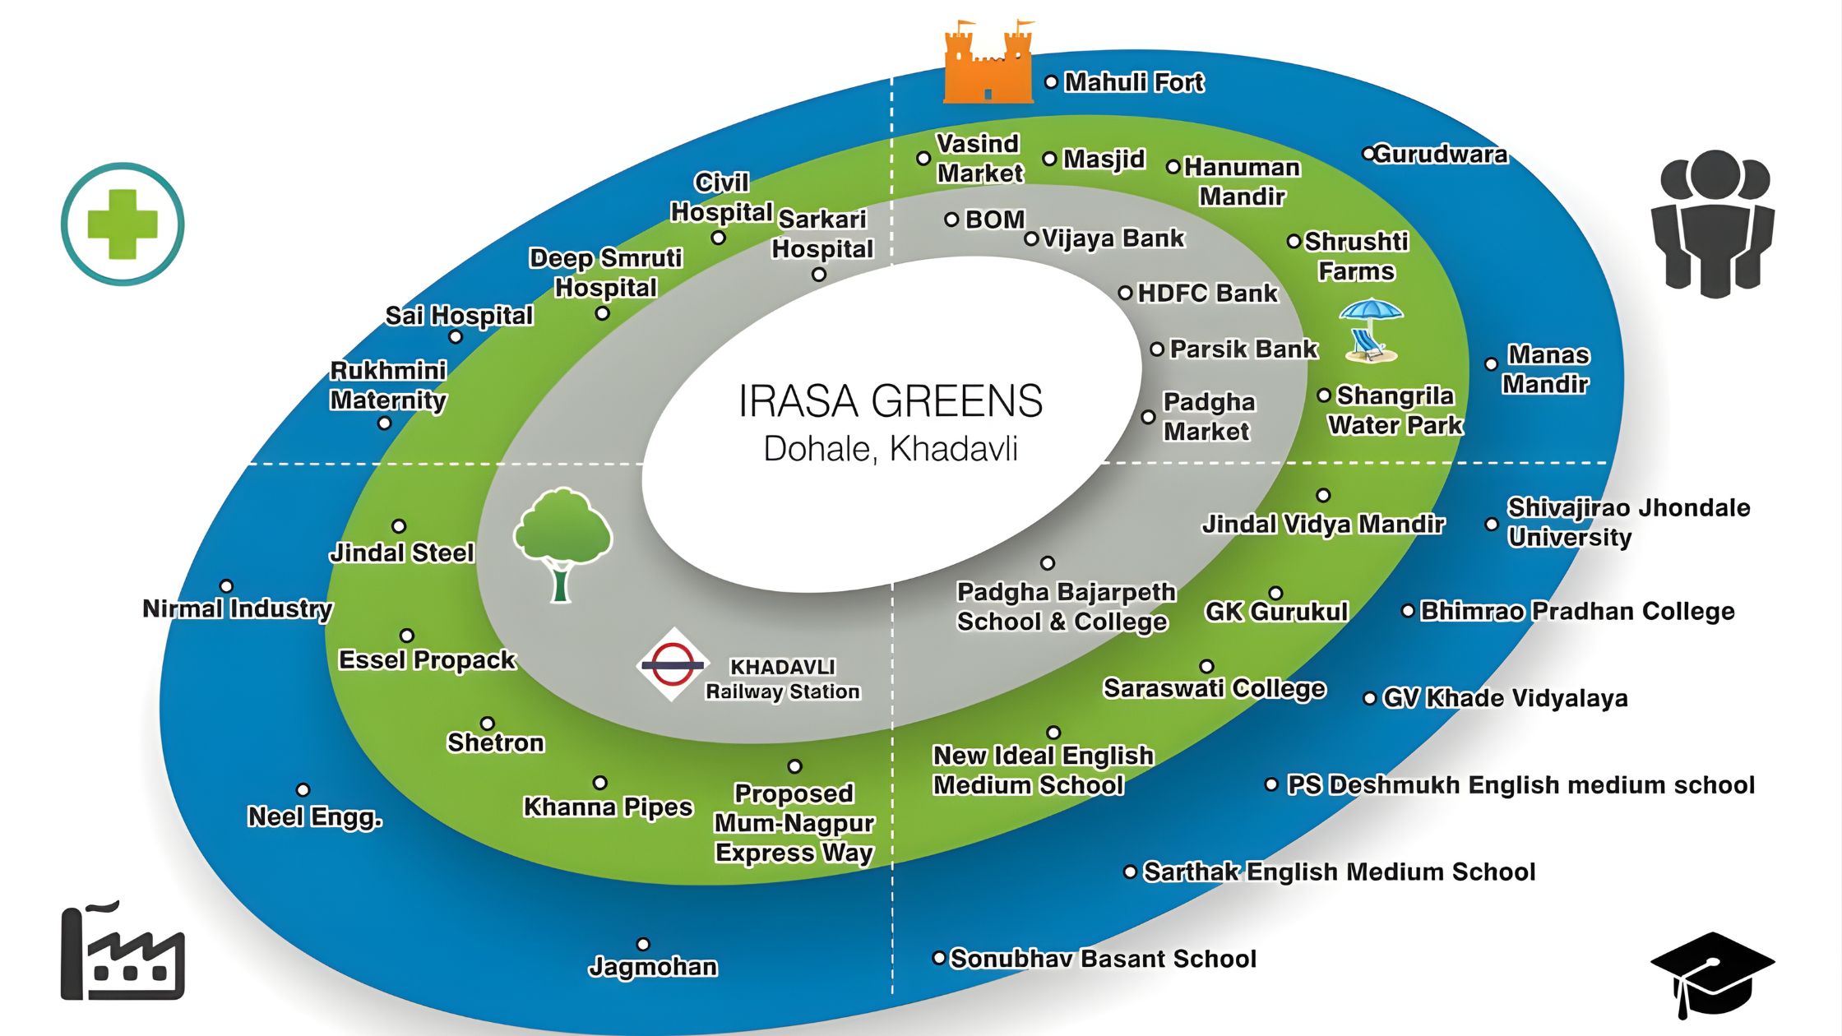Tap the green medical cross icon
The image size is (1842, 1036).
pos(123,224)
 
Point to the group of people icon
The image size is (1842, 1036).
pos(1713,223)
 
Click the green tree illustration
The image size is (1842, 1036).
pos(562,544)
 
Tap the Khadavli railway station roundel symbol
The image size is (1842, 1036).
pos(673,664)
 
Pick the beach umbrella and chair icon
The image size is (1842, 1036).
pos(1370,331)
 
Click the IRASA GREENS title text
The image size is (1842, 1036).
pos(891,401)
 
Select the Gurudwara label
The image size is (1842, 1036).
pos(1440,154)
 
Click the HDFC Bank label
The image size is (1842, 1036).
pos(1207,293)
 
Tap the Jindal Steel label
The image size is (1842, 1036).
pos(402,553)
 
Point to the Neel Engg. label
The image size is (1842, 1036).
pos(315,816)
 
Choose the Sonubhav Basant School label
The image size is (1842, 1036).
pos(1104,959)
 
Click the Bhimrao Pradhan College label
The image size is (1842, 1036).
pos(1577,611)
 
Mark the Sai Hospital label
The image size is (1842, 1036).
pos(459,315)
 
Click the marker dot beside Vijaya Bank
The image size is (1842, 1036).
pos(1031,238)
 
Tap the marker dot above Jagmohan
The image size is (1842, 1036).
pos(643,944)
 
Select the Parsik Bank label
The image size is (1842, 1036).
pos(1243,349)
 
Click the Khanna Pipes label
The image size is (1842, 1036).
pos(609,807)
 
